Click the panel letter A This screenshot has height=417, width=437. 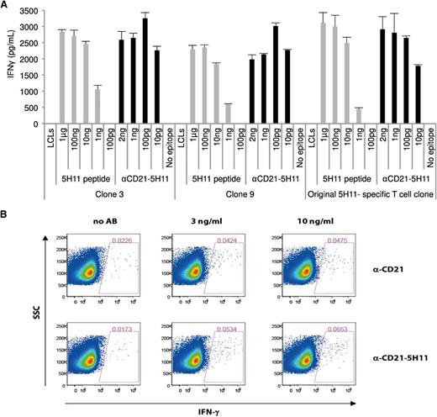(5, 7)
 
